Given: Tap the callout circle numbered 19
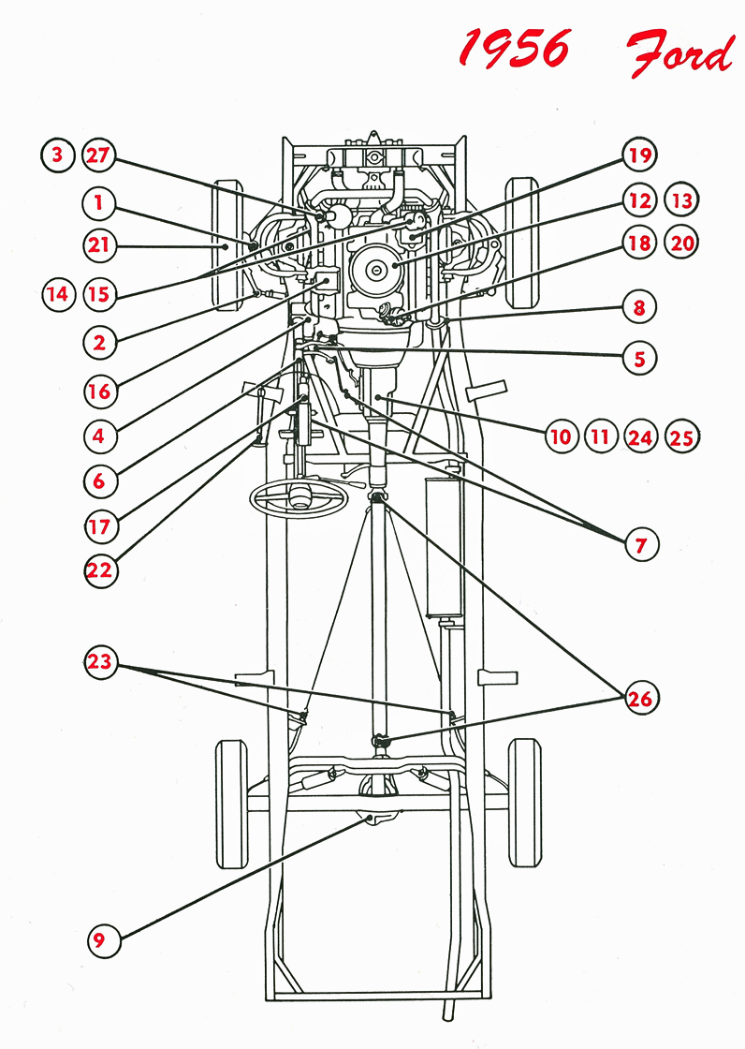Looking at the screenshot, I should [639, 155].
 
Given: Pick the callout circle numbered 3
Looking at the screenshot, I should [58, 155].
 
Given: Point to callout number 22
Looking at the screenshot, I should [100, 570].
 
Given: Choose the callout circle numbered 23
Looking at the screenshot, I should [100, 662].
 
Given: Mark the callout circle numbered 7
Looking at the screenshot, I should [641, 543].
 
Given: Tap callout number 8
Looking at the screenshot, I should [639, 306].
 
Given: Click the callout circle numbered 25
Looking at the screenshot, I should [682, 436].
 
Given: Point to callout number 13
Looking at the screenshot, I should [681, 200].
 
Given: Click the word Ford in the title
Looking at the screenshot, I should [680, 53].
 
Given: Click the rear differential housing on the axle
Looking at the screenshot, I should [378, 819].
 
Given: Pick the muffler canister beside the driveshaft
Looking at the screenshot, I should [442, 548].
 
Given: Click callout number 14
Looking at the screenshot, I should [58, 294].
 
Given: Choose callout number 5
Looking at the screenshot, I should [639, 357].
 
